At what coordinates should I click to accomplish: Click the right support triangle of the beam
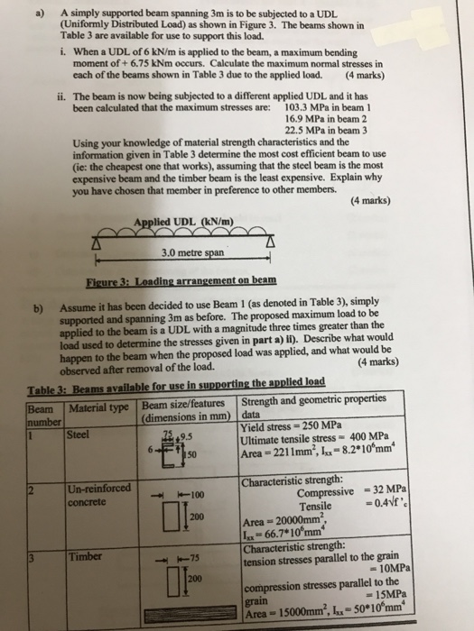270,237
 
